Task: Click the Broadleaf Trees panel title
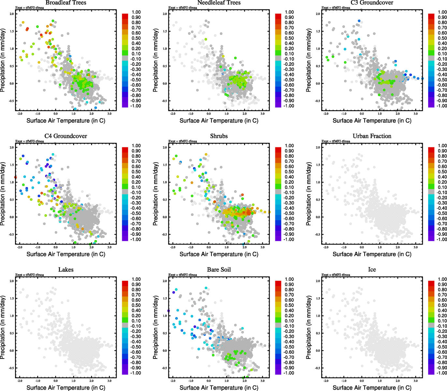tap(66, 3)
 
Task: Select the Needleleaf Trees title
tap(219, 3)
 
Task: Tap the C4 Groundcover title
tap(66, 136)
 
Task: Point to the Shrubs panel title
tap(219, 136)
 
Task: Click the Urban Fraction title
tap(372, 136)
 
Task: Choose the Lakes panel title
tap(66, 270)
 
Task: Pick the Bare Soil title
tap(219, 270)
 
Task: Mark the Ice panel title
tap(372, 270)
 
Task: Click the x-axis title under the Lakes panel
tap(66, 388)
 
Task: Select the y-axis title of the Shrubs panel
tap(156, 194)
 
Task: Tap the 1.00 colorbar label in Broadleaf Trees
tap(136, 12)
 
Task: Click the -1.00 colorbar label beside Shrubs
tap(289, 239)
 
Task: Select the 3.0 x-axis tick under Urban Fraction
tap(416, 247)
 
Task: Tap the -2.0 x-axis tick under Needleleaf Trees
tap(172, 114)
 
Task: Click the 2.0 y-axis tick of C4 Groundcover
tap(12, 148)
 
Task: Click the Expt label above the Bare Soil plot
tap(183, 275)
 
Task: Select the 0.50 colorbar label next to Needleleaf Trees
tap(289, 38)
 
